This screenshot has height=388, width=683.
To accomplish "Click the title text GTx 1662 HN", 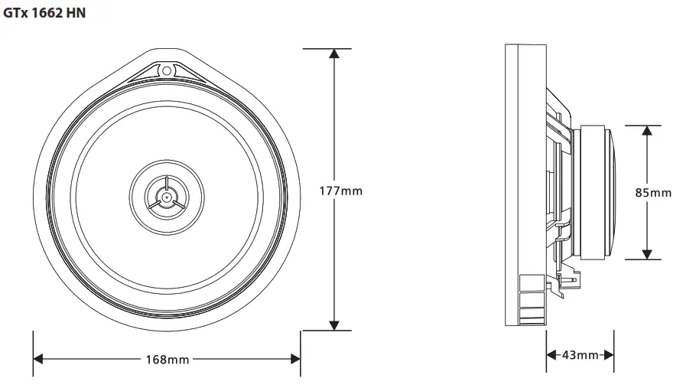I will tap(45, 14).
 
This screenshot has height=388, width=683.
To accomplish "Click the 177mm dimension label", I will tap(340, 191).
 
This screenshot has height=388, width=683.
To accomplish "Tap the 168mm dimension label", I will tap(167, 358).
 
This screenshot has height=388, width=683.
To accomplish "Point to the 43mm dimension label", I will tap(580, 355).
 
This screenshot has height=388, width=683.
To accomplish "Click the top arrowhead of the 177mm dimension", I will tap(333, 54).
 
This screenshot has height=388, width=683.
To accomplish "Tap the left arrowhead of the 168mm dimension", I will tap(38, 358).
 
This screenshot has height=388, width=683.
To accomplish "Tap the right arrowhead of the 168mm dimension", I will tap(294, 358).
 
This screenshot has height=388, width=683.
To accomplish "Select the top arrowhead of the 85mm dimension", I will tap(647, 131).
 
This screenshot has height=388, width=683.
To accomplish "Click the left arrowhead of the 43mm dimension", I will tap(551, 355).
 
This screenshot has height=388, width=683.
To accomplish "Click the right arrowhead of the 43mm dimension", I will tap(609, 355).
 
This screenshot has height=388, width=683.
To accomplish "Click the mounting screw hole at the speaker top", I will tap(166, 71).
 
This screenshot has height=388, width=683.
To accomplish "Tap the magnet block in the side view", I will tap(594, 192).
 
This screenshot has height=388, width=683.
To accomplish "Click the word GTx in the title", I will tap(16, 14).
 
